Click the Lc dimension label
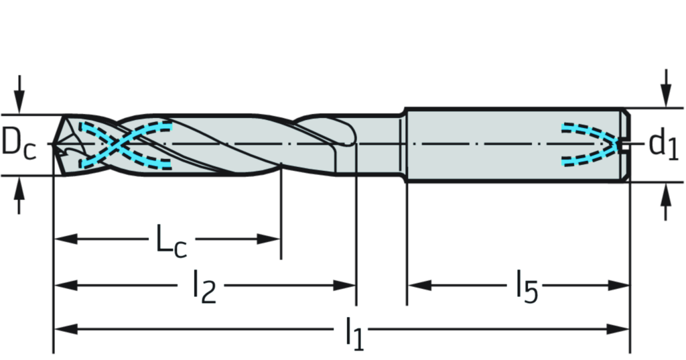172,239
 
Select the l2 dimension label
200,286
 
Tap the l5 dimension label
525,286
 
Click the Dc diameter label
18,143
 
